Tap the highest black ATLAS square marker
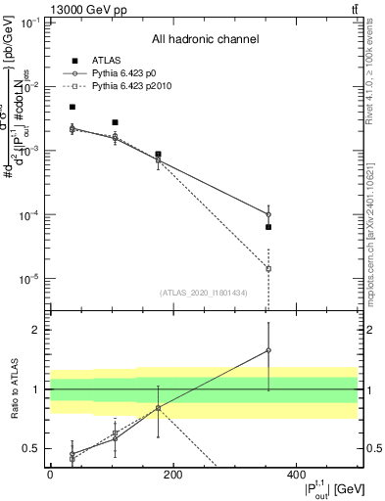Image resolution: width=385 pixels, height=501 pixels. pyautogui.click(x=72, y=107)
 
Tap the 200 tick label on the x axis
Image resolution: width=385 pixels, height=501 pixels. pyautogui.click(x=173, y=475)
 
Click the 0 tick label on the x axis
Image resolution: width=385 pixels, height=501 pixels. pyautogui.click(x=50, y=475)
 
